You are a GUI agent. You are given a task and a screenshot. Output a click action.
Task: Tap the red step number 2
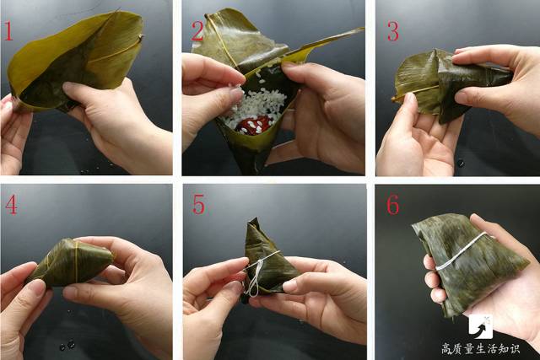point(197,31)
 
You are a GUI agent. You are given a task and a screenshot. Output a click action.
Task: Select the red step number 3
point(392,31)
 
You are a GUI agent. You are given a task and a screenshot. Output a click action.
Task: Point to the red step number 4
point(10,205)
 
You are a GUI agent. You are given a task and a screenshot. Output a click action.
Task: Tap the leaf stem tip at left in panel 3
point(394,99)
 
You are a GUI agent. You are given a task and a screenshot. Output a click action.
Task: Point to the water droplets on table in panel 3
point(460,163)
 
